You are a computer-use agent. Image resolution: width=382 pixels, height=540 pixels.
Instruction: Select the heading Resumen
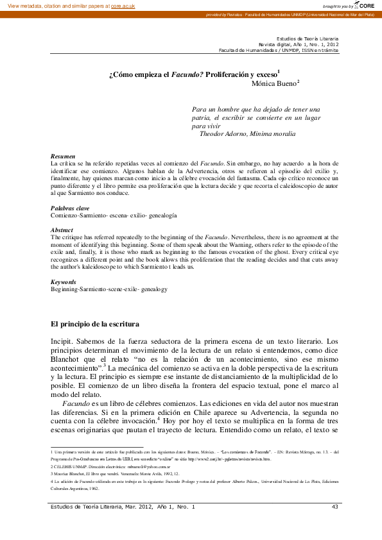63,156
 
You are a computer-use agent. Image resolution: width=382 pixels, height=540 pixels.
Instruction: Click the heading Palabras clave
71,190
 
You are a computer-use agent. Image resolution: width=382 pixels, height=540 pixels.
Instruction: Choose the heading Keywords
64,282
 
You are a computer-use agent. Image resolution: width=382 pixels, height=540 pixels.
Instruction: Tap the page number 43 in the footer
334,507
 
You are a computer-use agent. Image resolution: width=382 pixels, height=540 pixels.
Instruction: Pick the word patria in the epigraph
204,118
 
